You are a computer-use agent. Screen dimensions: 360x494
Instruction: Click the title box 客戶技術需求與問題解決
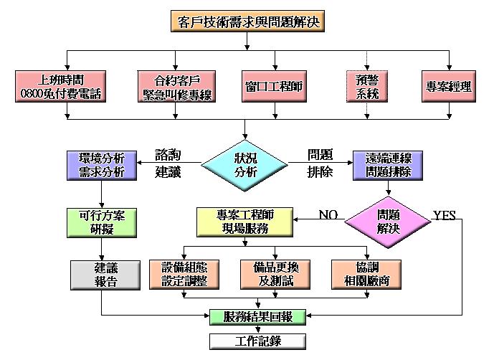pyautogui.click(x=247, y=22)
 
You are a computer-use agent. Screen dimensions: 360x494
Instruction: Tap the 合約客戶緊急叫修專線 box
pyautogui.click(x=175, y=86)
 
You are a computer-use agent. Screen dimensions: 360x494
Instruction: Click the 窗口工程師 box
pyautogui.click(x=274, y=86)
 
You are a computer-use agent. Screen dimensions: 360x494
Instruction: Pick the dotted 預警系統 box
pyautogui.click(x=367, y=86)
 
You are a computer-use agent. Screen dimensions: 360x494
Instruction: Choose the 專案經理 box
pyautogui.click(x=448, y=86)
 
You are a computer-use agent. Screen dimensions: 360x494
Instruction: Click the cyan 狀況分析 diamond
pyautogui.click(x=246, y=166)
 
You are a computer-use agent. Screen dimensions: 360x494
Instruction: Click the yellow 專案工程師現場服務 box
pyautogui.click(x=244, y=222)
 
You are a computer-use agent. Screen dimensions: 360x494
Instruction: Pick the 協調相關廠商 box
pyautogui.click(x=366, y=273)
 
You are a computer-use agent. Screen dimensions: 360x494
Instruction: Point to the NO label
pyautogui.click(x=328, y=214)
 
